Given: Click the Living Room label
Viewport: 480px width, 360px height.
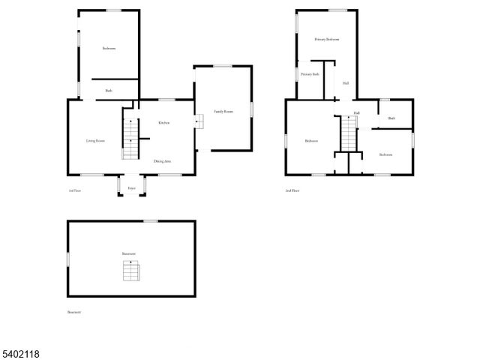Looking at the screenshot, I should point(94,140).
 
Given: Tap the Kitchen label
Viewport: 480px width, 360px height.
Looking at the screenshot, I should point(163,122).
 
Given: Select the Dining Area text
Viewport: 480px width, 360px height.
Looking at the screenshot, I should point(163,160).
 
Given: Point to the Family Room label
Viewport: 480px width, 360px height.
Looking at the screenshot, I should point(223,111).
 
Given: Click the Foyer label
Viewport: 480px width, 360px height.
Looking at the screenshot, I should point(131,187).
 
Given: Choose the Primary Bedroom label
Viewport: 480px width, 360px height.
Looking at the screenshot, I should point(327,39).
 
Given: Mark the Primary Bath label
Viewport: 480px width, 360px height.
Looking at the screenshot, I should point(310,74).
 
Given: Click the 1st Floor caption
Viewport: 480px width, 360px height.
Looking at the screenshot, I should point(74,191).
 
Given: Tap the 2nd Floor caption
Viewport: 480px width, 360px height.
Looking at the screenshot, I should point(292,191).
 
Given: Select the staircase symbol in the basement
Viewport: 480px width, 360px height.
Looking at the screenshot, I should point(130,270).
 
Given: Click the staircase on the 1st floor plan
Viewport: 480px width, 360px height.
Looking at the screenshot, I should point(130,138).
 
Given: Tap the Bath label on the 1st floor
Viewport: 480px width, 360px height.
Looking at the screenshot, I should point(109,91).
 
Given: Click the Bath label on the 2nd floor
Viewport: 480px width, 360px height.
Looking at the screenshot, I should point(391,118).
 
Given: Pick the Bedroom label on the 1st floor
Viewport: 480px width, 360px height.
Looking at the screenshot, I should point(109,48).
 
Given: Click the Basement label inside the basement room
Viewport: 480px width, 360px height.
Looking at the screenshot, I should point(129,253).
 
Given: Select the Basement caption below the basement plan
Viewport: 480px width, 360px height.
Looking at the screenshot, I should point(74,312).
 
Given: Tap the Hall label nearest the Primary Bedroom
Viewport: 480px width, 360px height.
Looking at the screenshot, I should point(346,83).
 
